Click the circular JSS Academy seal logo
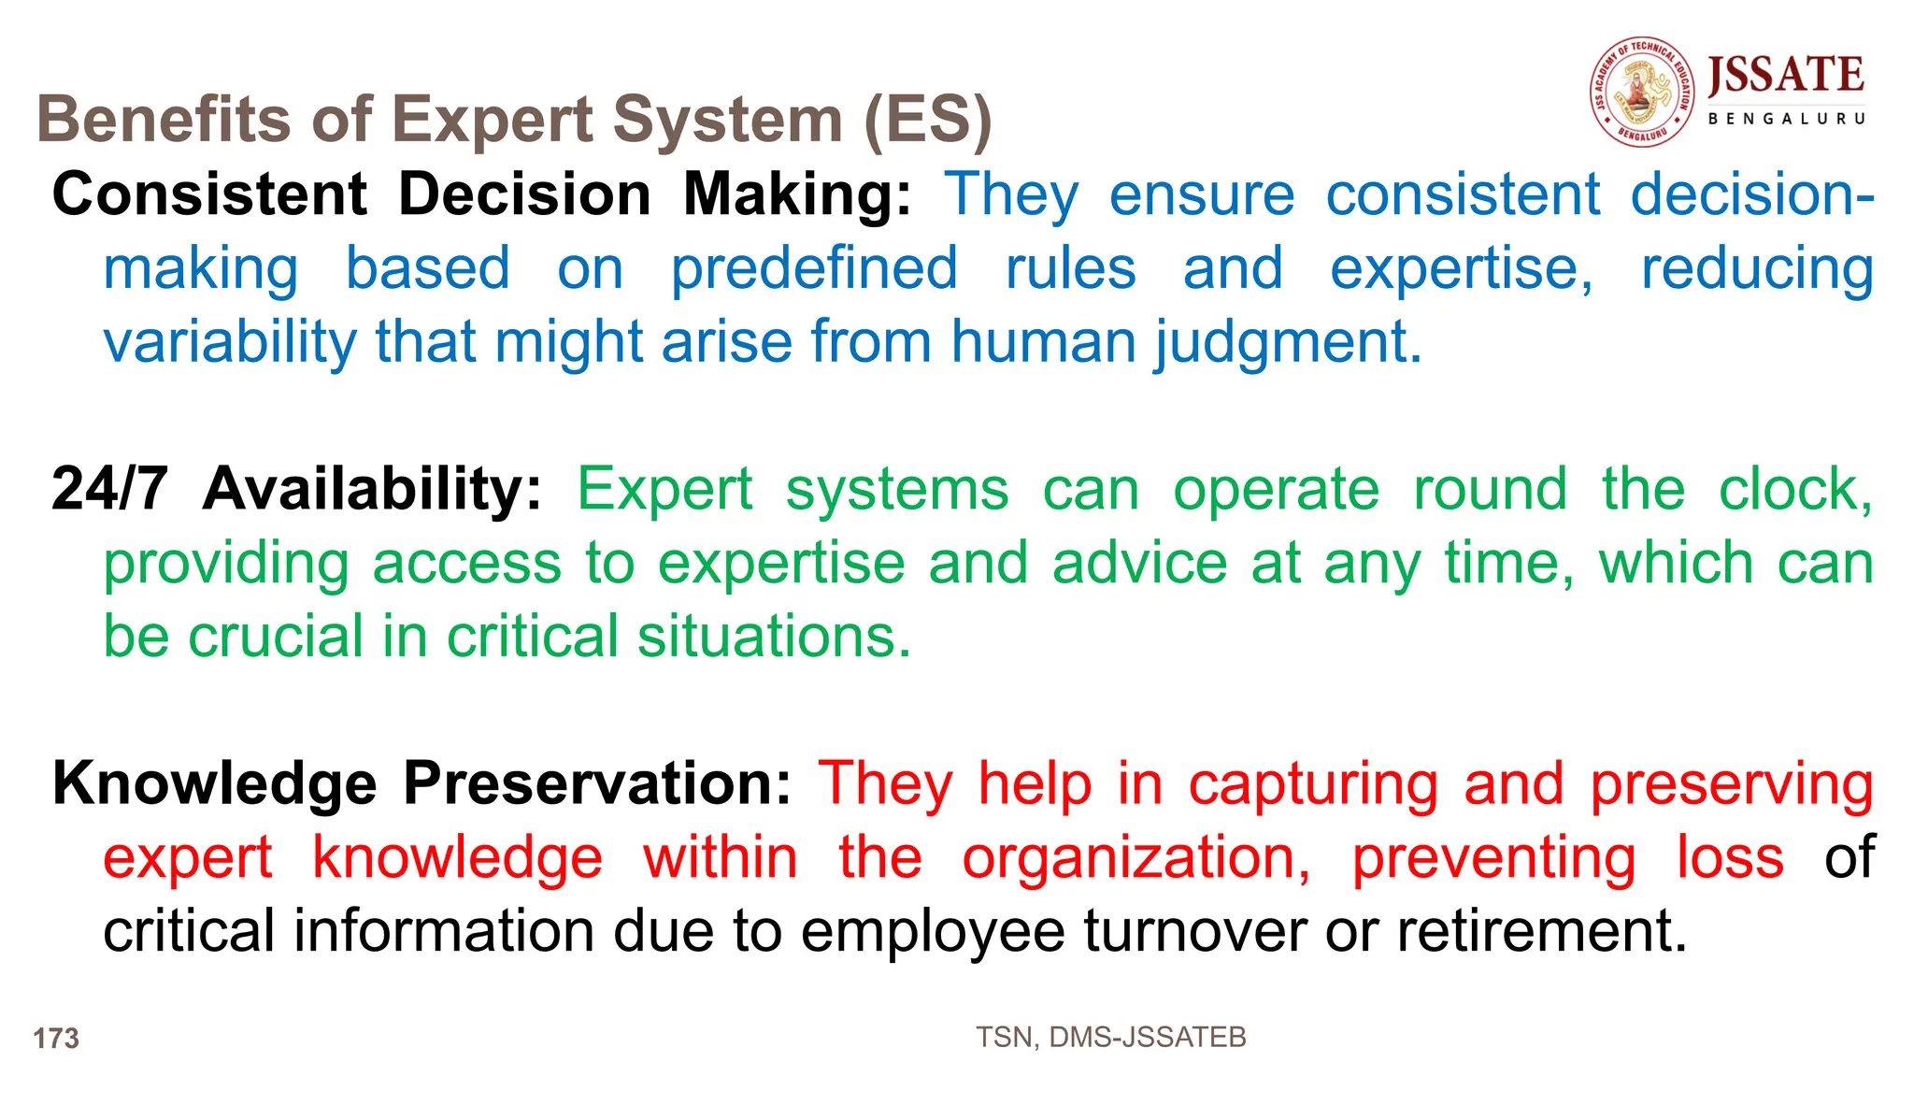1642,93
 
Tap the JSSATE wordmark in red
1785,75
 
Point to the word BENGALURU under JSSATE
1786,119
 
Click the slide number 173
56,1039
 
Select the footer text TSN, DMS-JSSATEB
1110,1037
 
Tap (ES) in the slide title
927,120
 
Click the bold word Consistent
209,194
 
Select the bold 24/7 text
109,489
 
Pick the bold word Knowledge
214,783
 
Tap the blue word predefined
814,268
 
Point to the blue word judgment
1288,342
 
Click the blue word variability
230,342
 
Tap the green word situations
774,637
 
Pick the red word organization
1136,857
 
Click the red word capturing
1313,783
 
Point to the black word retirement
1542,931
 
